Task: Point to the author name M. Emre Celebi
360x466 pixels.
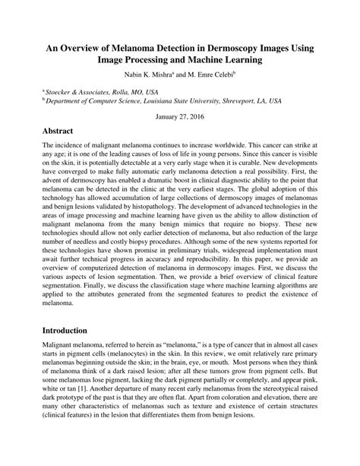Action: coord(210,75)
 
